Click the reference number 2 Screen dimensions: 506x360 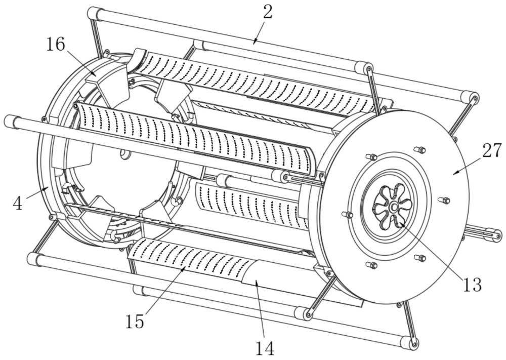268,12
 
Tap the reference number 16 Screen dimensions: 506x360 56,44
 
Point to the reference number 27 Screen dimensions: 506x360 492,150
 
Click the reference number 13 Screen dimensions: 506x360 472,285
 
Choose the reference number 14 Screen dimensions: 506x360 265,348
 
